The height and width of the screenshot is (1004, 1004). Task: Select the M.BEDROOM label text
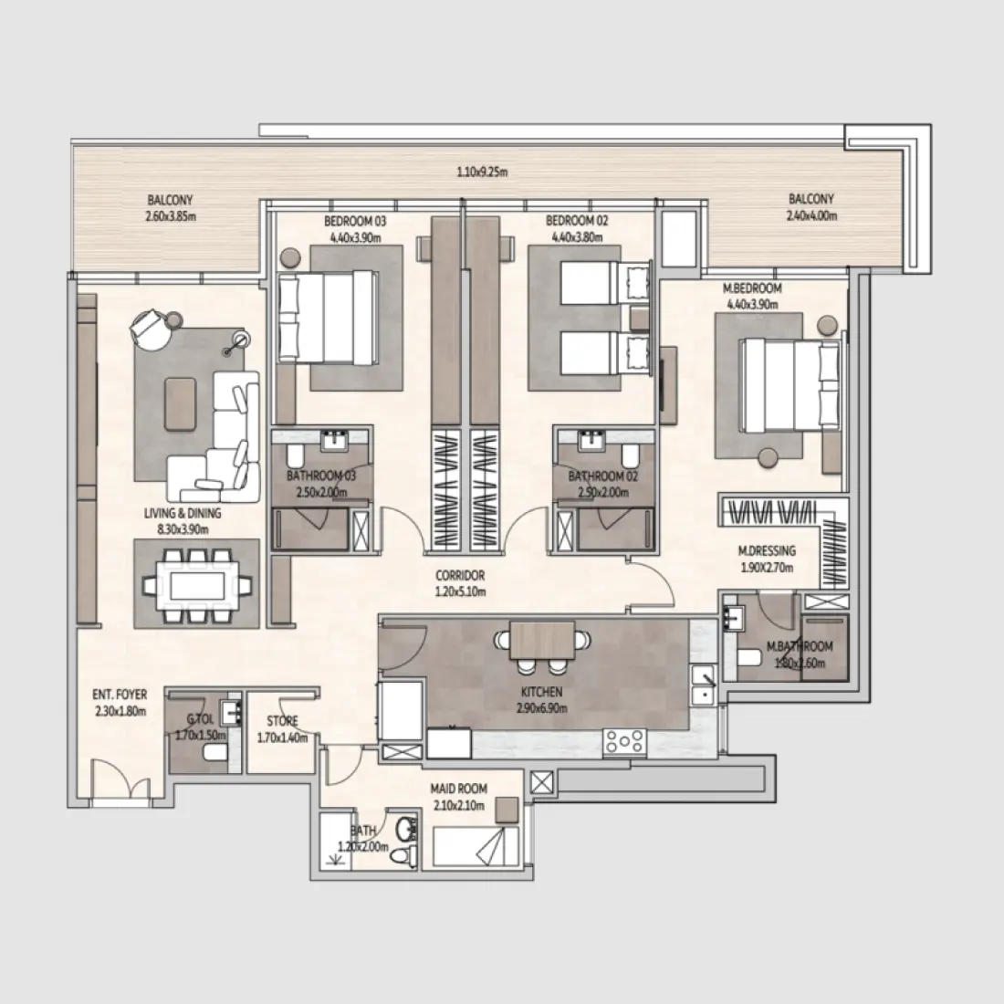753,289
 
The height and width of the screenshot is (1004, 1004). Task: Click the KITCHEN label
542,693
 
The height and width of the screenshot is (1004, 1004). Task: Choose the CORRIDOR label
460,576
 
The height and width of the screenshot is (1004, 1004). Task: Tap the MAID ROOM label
459,789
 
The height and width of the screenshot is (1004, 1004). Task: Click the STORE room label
282,721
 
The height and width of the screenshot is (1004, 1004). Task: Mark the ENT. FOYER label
120,695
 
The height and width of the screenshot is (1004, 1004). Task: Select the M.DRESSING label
767,550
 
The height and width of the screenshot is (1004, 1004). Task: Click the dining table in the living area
196,583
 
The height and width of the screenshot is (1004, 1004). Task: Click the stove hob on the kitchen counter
624,743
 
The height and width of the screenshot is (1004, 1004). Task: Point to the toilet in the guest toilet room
215,752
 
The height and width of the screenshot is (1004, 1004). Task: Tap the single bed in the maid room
475,846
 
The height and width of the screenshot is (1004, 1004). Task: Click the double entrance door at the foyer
120,781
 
